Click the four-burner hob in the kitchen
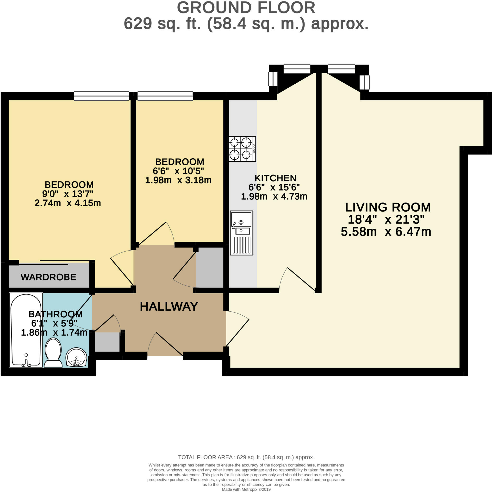pyautogui.click(x=242, y=149)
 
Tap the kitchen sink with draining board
pyautogui.click(x=241, y=233)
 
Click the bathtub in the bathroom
pyautogui.click(x=26, y=330)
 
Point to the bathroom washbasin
pyautogui.click(x=76, y=357)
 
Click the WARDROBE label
pyautogui.click(x=48, y=277)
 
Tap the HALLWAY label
pyautogui.click(x=169, y=306)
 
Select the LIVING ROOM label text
pyautogui.click(x=388, y=207)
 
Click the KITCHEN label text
pyautogui.click(x=275, y=178)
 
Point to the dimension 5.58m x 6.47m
pyautogui.click(x=386, y=232)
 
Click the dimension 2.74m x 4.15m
pyautogui.click(x=68, y=203)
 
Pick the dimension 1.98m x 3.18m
pyautogui.click(x=178, y=180)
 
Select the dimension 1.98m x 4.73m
pyautogui.click(x=274, y=196)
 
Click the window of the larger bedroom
pyautogui.click(x=102, y=96)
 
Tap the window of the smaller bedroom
pyautogui.click(x=165, y=96)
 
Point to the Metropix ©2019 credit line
pyautogui.click(x=246, y=489)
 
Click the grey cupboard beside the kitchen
pyautogui.click(x=209, y=267)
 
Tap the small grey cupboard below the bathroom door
pyautogui.click(x=107, y=342)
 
